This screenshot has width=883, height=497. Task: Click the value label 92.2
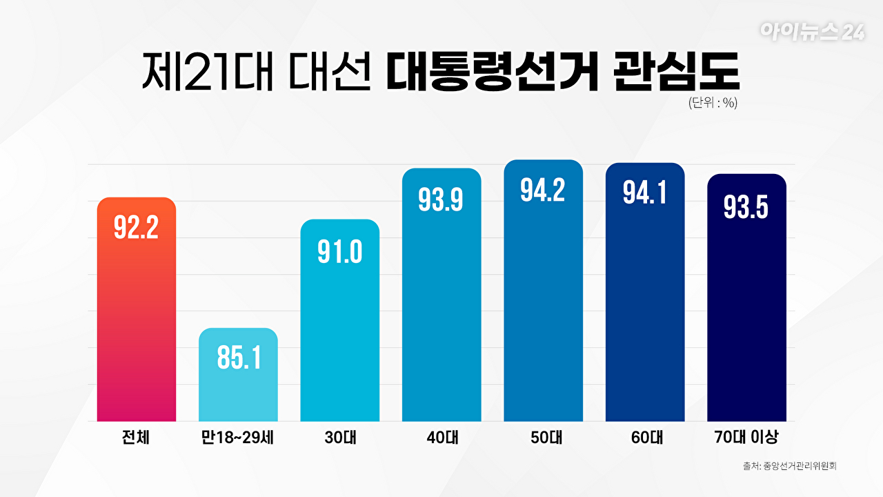click(137, 228)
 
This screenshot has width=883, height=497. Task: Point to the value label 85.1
click(239, 358)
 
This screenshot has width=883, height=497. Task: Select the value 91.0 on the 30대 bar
click(339, 252)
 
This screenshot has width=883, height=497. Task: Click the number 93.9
click(441, 201)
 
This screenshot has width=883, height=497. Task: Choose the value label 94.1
click(644, 194)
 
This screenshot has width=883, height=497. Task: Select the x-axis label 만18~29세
click(238, 438)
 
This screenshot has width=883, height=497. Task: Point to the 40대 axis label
click(441, 438)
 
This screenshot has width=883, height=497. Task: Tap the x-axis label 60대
click(646, 438)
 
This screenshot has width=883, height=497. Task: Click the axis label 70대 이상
click(746, 438)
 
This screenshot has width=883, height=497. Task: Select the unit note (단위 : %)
click(713, 104)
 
